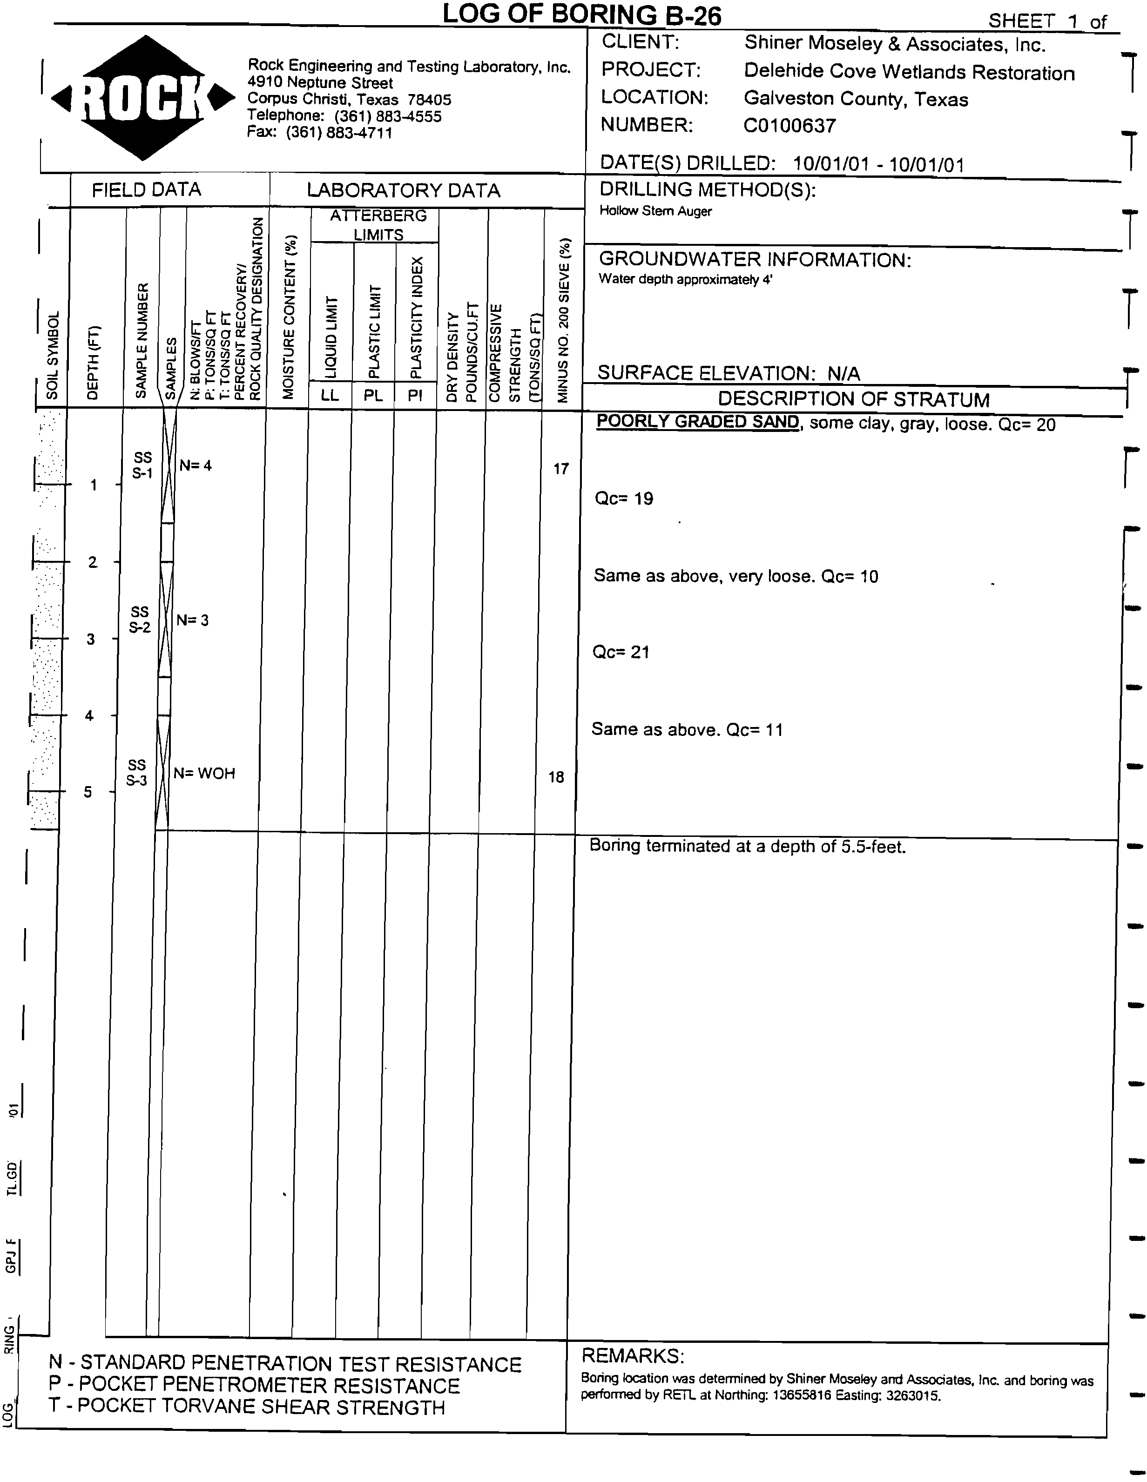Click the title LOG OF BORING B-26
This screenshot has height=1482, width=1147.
pyautogui.click(x=581, y=15)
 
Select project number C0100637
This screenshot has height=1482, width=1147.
pyautogui.click(x=789, y=126)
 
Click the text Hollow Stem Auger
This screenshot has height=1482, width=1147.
pyautogui.click(x=655, y=211)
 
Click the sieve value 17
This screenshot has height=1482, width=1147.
pyautogui.click(x=560, y=469)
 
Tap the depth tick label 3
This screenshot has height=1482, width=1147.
pyautogui.click(x=91, y=639)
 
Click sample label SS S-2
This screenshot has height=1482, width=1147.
pyautogui.click(x=140, y=620)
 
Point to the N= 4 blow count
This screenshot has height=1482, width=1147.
pyautogui.click(x=196, y=465)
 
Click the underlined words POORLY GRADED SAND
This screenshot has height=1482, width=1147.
pyautogui.click(x=697, y=422)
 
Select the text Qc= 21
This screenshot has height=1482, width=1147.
pyautogui.click(x=621, y=652)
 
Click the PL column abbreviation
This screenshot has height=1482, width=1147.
pyautogui.click(x=373, y=396)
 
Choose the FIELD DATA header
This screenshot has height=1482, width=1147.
pyautogui.click(x=147, y=190)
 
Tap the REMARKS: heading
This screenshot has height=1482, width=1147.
pyautogui.click(x=633, y=1356)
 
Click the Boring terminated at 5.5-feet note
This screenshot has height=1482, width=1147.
pyautogui.click(x=747, y=846)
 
